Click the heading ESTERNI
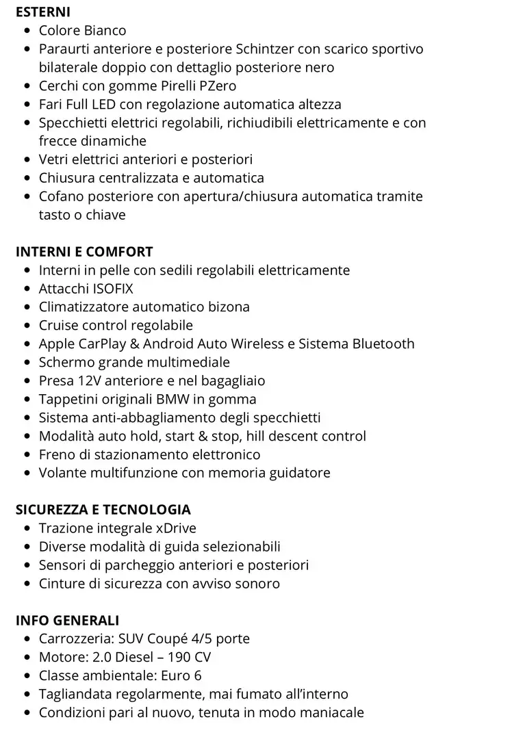pos(42,12)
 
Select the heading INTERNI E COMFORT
pos(84,252)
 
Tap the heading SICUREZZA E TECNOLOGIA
pos(103,510)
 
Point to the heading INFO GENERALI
pos(67,621)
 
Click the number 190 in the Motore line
pos(176,658)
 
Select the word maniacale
pos(331,713)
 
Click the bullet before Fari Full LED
pos(27,105)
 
